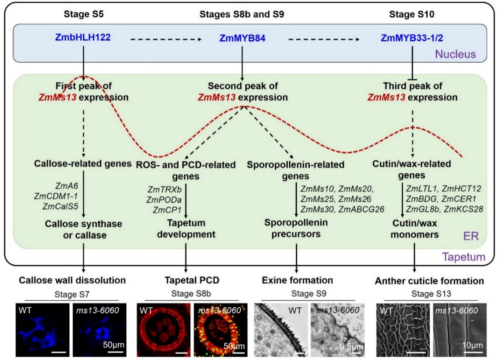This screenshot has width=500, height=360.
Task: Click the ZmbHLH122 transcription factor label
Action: (83, 38)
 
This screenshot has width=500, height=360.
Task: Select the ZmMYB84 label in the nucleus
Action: (242, 38)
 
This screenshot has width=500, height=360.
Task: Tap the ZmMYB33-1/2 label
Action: (412, 38)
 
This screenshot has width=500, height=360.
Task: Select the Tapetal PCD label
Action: (186, 280)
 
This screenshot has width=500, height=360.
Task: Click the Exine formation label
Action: (297, 280)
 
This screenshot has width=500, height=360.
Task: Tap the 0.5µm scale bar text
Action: (351, 346)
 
